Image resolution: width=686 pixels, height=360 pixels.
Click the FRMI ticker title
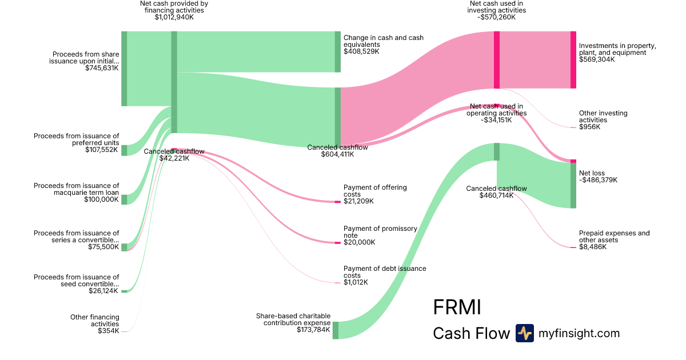point(457,307)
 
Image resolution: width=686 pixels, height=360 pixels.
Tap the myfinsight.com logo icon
point(524,333)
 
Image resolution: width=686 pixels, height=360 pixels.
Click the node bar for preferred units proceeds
point(124,150)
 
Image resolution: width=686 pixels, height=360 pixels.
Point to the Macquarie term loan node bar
point(124,199)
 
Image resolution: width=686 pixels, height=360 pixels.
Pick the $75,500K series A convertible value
point(103,247)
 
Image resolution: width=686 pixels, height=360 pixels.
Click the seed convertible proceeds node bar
point(124,291)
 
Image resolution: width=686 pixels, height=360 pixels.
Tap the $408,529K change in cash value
point(361,51)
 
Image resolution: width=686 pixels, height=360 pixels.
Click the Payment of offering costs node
point(337,202)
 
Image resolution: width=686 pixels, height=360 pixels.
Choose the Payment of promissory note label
point(380,232)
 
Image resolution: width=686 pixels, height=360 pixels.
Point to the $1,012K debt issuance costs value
point(356,282)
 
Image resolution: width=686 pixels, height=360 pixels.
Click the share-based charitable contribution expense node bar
point(336,330)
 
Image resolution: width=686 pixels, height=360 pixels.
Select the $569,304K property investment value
point(597,59)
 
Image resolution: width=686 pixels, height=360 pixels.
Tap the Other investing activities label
point(603,117)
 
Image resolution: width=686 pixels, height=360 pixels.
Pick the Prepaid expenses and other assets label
point(614,237)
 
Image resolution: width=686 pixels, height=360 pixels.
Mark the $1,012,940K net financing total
point(174,17)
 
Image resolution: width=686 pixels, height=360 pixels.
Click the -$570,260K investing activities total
point(496,17)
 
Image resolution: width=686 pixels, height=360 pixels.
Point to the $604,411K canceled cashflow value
point(337,154)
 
